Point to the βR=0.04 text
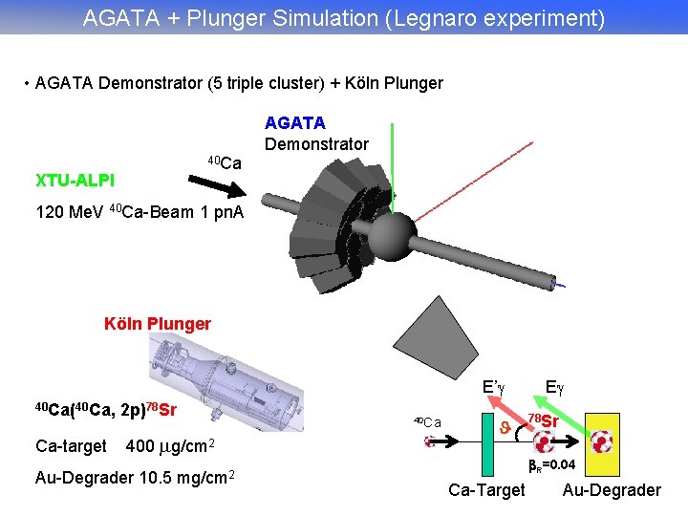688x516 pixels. (x=552, y=465)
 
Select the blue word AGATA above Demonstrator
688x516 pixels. (x=294, y=122)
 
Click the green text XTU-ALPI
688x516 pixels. (x=75, y=180)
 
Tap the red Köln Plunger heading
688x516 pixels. (x=157, y=323)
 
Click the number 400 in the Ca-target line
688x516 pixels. (x=140, y=445)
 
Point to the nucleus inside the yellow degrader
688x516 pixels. (x=602, y=441)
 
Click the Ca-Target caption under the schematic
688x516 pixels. (x=486, y=490)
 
